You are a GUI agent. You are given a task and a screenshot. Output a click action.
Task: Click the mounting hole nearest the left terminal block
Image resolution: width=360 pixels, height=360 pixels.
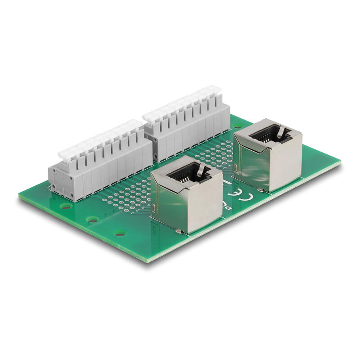click(66, 206)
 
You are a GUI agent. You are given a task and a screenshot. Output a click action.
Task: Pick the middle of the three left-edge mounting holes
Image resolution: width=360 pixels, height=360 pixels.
click(93, 220)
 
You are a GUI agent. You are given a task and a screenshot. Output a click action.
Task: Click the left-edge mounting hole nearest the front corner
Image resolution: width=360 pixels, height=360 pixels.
click(120, 233)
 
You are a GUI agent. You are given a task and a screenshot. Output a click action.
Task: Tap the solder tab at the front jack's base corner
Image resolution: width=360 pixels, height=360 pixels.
click(179, 232)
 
